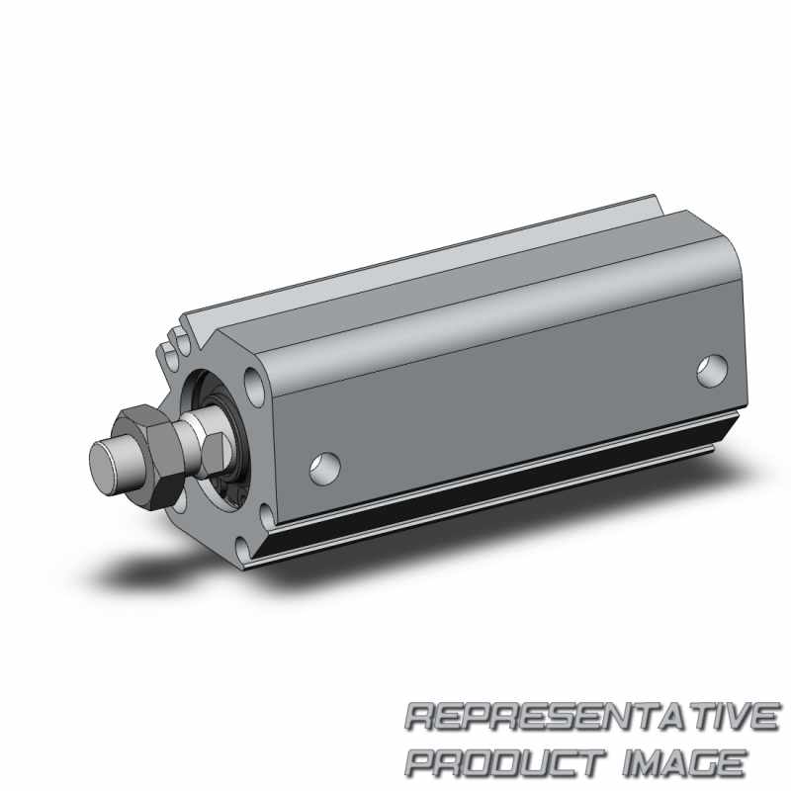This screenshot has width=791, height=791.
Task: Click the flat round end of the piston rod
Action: click(108, 469)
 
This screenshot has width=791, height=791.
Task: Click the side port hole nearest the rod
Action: click(325, 469)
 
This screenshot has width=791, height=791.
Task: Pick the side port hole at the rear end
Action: click(712, 371)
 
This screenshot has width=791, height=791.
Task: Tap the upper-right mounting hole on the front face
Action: click(254, 386)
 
